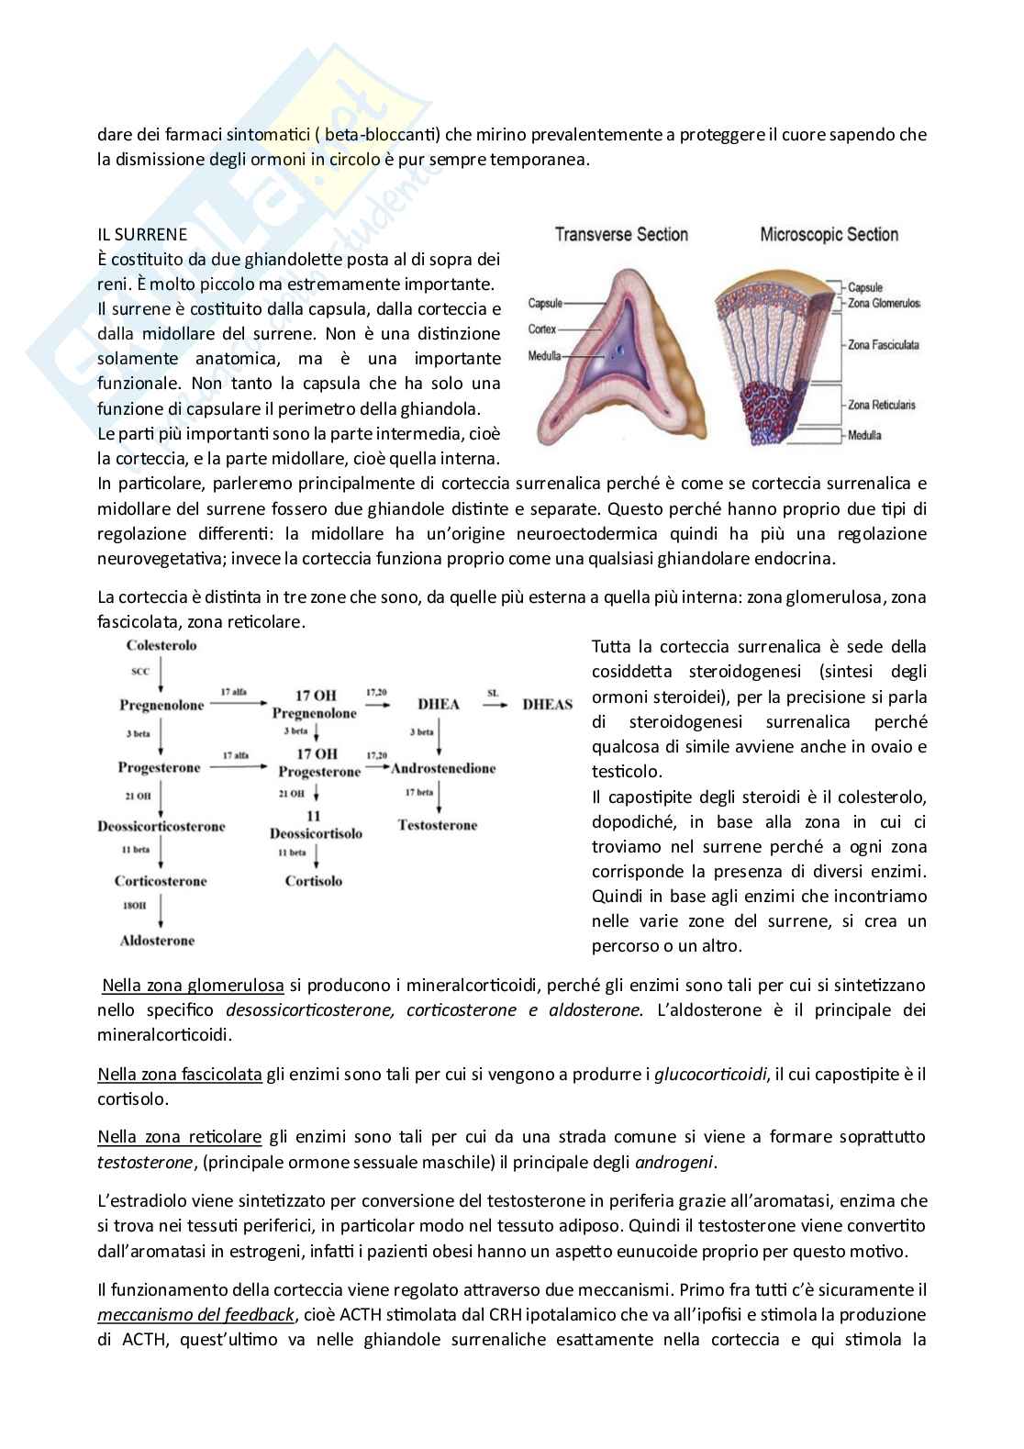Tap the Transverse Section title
(x=621, y=235)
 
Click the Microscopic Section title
(x=829, y=235)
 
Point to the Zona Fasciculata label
(x=883, y=345)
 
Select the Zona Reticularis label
(x=882, y=404)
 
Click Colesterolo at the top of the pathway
(x=161, y=645)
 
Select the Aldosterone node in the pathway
(x=157, y=941)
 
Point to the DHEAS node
(x=547, y=705)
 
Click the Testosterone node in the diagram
(x=438, y=825)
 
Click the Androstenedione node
(x=443, y=768)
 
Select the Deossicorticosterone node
(x=161, y=826)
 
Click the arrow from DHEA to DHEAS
(x=492, y=705)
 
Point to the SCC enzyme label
(x=140, y=672)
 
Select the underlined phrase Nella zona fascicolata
(x=180, y=1074)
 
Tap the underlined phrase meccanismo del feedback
(x=195, y=1314)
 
